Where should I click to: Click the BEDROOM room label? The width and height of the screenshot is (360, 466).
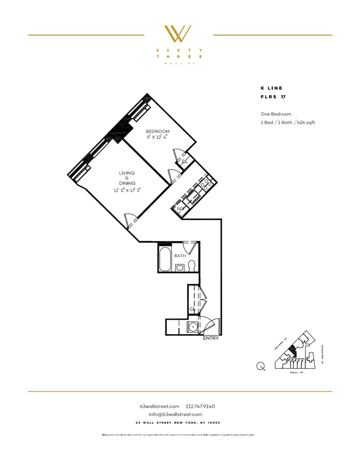(157, 131)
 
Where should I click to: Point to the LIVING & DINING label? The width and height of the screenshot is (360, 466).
(127, 178)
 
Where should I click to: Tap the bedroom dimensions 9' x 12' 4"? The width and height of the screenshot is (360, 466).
(157, 137)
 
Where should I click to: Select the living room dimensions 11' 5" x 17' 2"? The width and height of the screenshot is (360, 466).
(127, 190)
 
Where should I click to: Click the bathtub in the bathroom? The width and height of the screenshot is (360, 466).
(165, 258)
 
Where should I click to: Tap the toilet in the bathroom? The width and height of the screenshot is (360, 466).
(191, 267)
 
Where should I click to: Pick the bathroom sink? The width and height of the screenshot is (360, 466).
(180, 267)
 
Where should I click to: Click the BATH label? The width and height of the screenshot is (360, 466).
(180, 256)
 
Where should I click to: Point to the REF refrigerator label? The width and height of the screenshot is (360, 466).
(180, 209)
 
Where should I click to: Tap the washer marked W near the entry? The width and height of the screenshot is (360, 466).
(193, 327)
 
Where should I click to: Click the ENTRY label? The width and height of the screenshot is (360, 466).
(211, 339)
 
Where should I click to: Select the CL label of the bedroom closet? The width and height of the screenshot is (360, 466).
(184, 161)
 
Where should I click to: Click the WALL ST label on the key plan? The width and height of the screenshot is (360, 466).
(297, 373)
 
